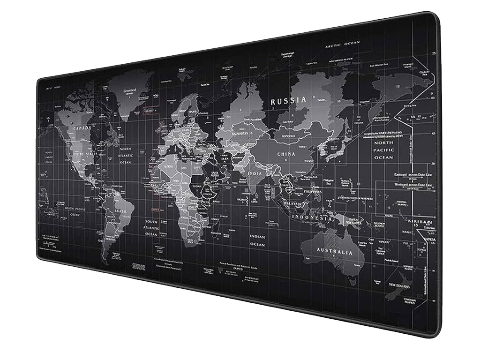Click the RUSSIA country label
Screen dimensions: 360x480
[288, 100]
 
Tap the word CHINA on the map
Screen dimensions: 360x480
[286, 154]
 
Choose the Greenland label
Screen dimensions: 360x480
[129, 92]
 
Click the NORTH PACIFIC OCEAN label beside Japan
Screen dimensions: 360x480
[384, 150]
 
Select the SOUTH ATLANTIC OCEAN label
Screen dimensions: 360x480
[151, 227]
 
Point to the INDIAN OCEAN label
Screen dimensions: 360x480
[257, 240]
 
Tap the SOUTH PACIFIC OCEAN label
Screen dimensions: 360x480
[75, 211]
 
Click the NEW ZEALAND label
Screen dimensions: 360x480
[397, 285]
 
